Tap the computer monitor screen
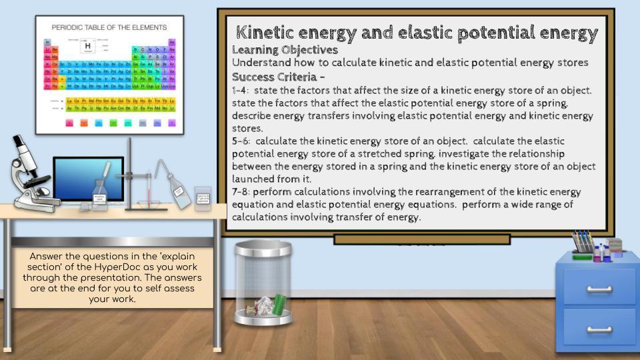(x=88, y=179)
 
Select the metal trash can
(x=263, y=283)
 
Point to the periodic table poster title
(x=109, y=27)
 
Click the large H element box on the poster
(x=87, y=47)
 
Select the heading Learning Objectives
(x=285, y=50)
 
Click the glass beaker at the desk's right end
(x=203, y=198)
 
